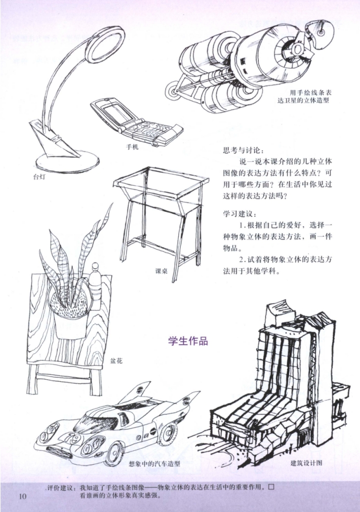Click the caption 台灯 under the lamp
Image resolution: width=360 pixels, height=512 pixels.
(x=39, y=177)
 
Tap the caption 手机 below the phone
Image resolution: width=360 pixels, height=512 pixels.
(x=132, y=147)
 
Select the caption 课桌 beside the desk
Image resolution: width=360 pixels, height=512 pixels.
(x=161, y=271)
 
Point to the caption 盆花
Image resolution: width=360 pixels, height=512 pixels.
(x=117, y=361)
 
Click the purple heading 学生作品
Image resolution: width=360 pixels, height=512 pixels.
(x=188, y=341)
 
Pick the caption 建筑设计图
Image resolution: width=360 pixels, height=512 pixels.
(x=307, y=463)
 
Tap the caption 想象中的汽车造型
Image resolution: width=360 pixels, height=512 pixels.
(x=155, y=464)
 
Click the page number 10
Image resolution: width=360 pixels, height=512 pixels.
(x=22, y=497)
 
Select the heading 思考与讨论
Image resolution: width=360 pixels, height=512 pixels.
(x=243, y=151)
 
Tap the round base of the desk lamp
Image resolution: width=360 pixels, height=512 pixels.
(x=67, y=161)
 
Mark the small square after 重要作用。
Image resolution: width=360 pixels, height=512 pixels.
(x=271, y=487)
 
